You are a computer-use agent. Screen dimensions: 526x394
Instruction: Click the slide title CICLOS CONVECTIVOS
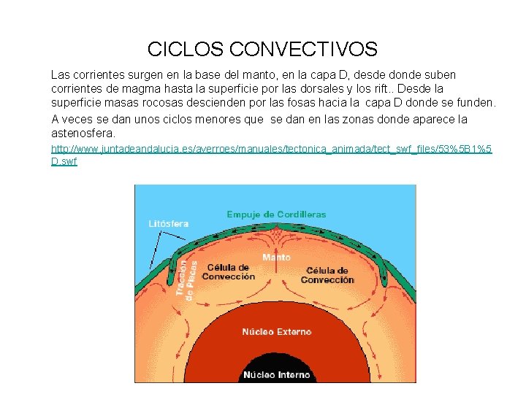tap(262, 50)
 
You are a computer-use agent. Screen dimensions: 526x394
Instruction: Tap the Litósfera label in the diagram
tap(168, 224)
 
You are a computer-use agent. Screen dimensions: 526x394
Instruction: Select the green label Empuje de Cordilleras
tap(276, 215)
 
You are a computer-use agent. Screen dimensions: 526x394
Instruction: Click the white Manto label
tap(276, 258)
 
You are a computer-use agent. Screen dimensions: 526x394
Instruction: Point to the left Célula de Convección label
tap(229, 271)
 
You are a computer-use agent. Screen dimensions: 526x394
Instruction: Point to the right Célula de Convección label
tap(327, 275)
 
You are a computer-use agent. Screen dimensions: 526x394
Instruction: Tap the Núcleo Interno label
tap(276, 375)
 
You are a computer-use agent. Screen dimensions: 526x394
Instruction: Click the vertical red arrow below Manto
tap(276, 277)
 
